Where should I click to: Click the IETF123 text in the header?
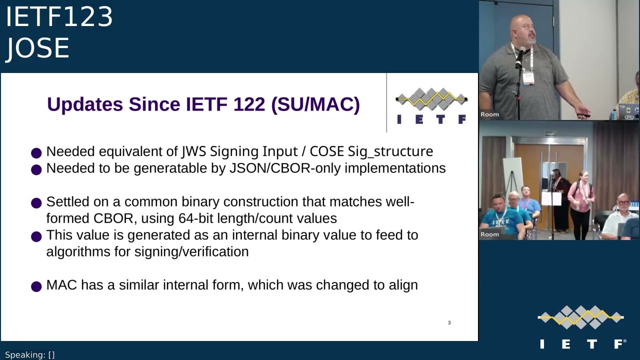click(x=59, y=17)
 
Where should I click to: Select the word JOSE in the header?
click(x=37, y=48)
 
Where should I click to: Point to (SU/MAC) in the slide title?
click(x=315, y=104)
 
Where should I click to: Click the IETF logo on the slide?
click(x=431, y=105)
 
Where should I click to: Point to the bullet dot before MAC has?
click(x=36, y=286)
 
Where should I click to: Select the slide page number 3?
click(x=449, y=323)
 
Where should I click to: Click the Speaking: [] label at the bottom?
click(x=29, y=355)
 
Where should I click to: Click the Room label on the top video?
click(x=489, y=114)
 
